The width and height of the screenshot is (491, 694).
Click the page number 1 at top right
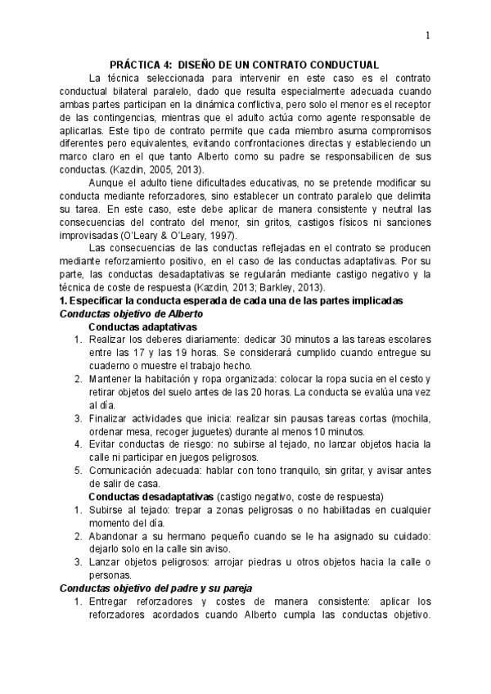(x=428, y=35)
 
